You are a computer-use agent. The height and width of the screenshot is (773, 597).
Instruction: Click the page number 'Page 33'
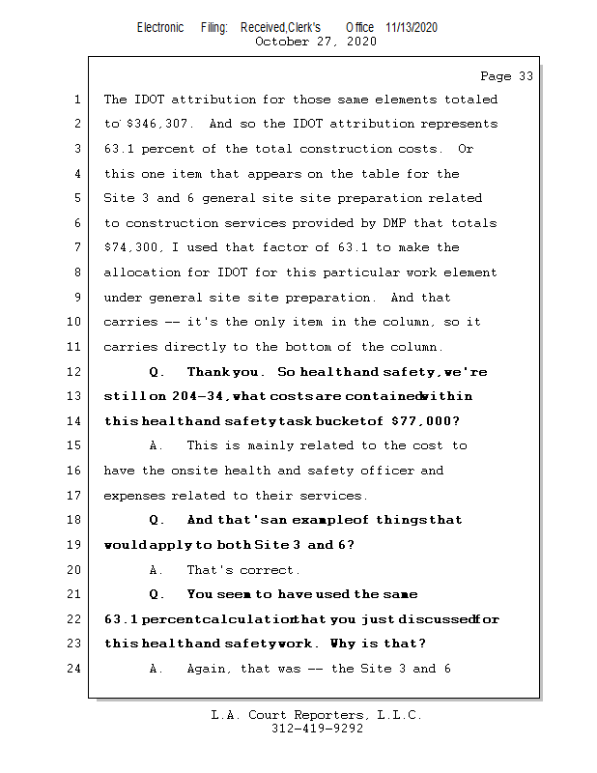pos(506,75)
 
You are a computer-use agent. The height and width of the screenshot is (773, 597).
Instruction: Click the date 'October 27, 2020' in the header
pos(315,42)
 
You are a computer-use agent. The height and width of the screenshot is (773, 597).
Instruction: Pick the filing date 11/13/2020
pos(412,27)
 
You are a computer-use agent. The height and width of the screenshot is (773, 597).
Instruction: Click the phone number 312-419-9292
pos(317,729)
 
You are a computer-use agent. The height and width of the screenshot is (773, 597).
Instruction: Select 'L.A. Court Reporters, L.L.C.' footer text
pos(317,715)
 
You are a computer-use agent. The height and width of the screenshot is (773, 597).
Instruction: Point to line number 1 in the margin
pos(77,100)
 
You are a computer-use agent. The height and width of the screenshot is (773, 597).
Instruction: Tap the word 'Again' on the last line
pos(208,669)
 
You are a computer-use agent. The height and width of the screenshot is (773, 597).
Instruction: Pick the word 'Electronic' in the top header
pos(160,27)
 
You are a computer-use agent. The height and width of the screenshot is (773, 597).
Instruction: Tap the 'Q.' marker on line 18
pos(157,520)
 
